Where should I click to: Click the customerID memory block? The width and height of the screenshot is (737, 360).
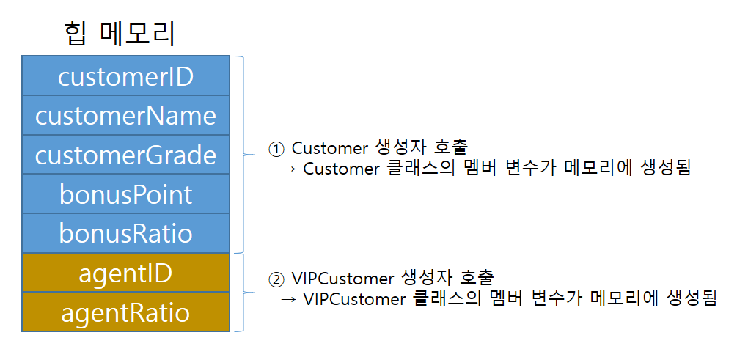tap(125, 76)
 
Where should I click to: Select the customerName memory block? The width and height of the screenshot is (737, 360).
tap(125, 115)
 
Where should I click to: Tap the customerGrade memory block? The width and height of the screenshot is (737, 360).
tap(125, 155)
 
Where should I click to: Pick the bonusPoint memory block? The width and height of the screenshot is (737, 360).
tap(125, 194)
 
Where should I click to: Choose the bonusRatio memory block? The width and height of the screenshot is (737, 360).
tap(125, 233)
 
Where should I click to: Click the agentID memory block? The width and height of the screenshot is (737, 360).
tap(125, 273)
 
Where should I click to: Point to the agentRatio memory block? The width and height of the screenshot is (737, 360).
tap(125, 312)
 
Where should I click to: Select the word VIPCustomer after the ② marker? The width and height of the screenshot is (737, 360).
tap(342, 279)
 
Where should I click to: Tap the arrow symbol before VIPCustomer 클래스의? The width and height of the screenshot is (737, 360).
tap(289, 300)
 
